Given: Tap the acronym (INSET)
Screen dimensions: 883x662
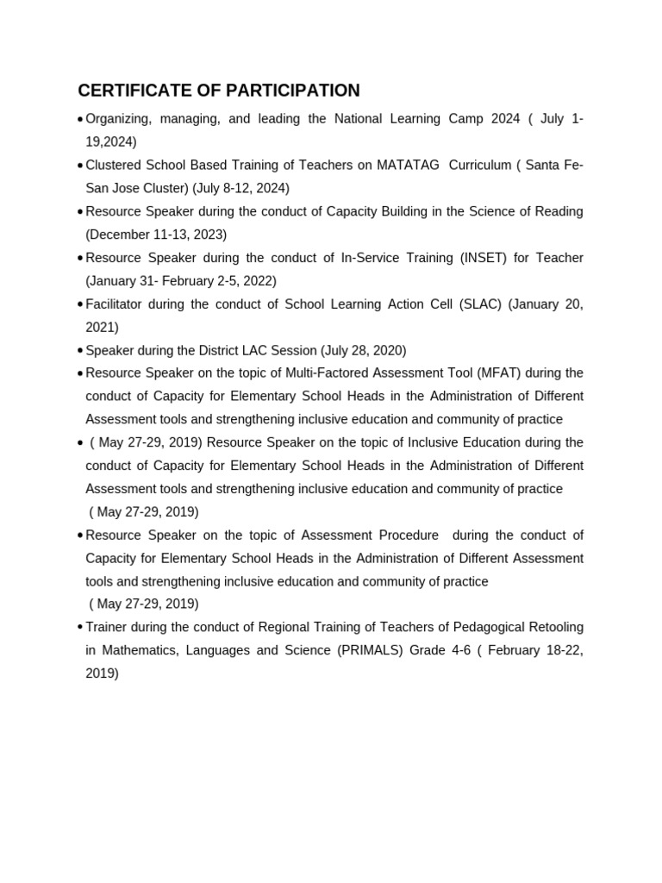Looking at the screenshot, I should [x=489, y=258].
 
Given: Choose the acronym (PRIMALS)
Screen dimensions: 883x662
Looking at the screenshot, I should [x=369, y=650].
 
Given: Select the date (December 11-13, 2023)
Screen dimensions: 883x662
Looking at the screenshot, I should [x=156, y=235].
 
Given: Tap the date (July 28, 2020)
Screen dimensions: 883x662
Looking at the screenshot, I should [x=363, y=351].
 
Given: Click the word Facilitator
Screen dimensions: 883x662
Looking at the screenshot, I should [x=116, y=304].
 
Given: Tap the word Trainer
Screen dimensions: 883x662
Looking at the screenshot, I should [x=106, y=627].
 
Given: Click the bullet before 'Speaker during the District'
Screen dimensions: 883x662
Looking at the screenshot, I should [x=80, y=351].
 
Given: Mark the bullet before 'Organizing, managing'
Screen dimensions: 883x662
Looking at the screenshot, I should [x=80, y=119].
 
